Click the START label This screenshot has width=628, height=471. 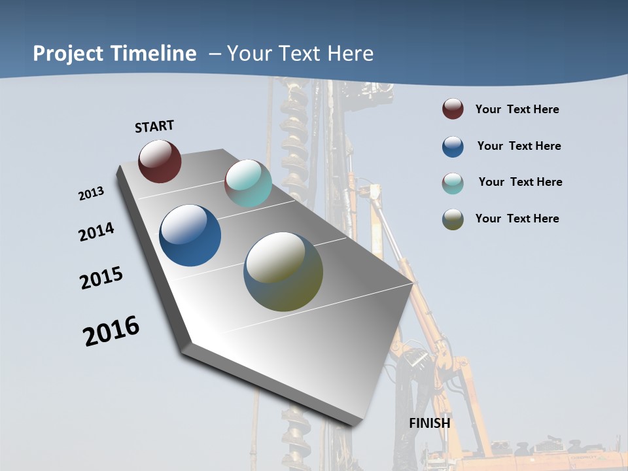coord(154,126)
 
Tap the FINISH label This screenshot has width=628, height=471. coord(430,423)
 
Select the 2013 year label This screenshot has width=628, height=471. coord(91,194)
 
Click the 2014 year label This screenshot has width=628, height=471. coord(96,232)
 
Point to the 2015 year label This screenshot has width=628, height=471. coord(101,278)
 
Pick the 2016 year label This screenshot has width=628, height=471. coord(111,331)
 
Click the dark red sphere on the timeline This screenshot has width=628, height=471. coord(160,161)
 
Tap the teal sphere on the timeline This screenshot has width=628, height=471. coord(248,183)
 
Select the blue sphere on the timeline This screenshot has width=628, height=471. coord(190,235)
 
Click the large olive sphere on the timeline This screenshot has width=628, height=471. coord(283,271)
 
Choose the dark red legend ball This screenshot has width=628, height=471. coord(453,109)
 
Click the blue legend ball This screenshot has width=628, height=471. coord(453,147)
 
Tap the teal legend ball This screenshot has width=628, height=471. coord(453,183)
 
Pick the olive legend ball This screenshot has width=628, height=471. coord(453,219)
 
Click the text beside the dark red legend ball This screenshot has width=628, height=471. coord(517,109)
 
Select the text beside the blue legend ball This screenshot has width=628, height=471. coord(519,146)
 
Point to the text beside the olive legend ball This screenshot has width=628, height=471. coord(517,218)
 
